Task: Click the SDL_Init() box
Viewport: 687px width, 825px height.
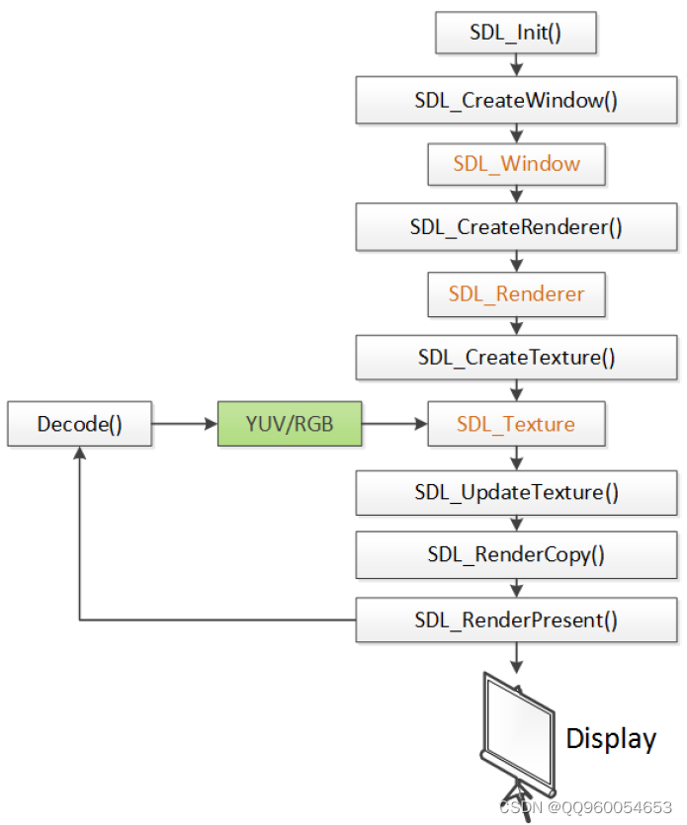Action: tap(515, 33)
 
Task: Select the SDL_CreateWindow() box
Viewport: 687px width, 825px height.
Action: tap(516, 100)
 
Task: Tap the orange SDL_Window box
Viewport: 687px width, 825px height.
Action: tap(516, 163)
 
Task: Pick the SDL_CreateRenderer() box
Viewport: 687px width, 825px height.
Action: tap(516, 227)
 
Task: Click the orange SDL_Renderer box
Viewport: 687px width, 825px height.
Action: tap(516, 293)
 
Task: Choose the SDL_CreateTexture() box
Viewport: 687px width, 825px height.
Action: tap(516, 357)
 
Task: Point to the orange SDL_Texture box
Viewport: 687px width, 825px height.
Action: tap(516, 424)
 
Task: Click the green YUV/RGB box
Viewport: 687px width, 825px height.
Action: tap(290, 424)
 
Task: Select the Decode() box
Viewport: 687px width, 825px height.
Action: tap(79, 424)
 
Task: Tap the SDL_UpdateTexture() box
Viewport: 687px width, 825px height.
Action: tap(516, 491)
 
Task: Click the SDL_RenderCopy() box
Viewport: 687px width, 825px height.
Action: tap(516, 554)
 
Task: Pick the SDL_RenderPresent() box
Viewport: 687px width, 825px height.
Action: tap(516, 620)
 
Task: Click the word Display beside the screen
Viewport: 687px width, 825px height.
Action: tap(610, 738)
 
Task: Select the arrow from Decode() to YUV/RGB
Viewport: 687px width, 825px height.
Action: tap(185, 424)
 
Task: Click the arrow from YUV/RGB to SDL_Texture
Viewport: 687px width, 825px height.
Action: tap(394, 424)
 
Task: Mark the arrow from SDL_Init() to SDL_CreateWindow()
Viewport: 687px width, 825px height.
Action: tap(516, 65)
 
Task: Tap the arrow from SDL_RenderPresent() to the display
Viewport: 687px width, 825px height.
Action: tap(516, 657)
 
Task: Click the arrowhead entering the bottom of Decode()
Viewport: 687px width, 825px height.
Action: tap(79, 454)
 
